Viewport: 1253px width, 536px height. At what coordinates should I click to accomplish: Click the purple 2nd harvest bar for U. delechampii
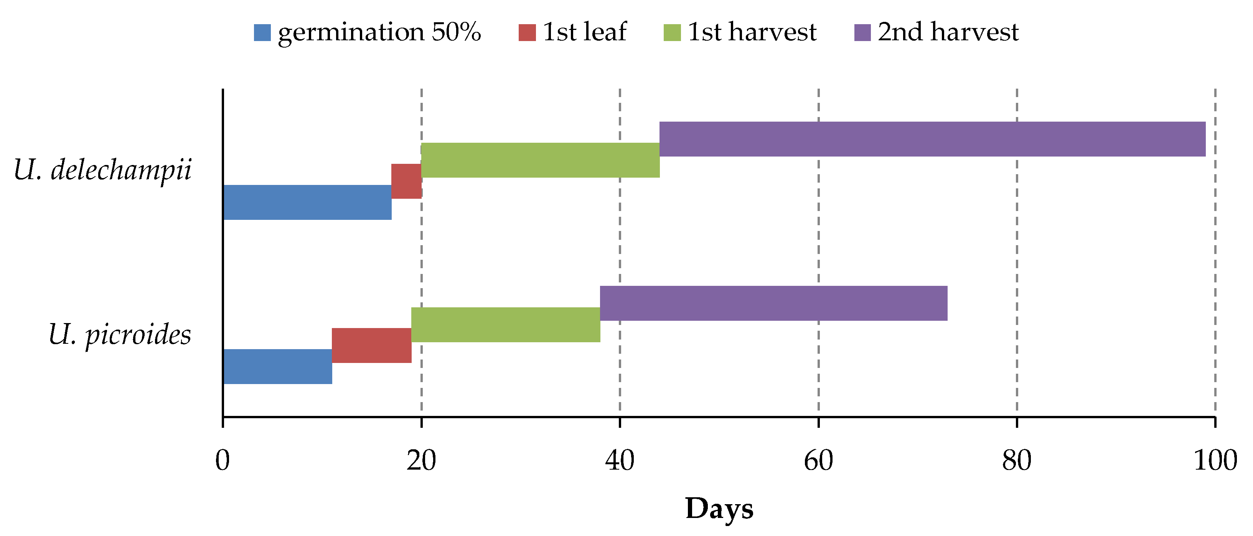pyautogui.click(x=932, y=139)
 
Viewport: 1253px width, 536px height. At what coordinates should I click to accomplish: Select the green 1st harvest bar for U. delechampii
pyautogui.click(x=540, y=160)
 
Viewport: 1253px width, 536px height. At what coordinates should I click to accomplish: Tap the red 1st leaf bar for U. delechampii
pyautogui.click(x=406, y=181)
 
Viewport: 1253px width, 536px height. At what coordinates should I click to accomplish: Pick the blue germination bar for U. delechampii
pyautogui.click(x=307, y=202)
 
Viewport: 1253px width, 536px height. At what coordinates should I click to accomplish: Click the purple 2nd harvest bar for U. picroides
pyautogui.click(x=773, y=303)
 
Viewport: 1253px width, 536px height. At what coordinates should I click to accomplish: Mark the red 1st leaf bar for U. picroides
pyautogui.click(x=372, y=345)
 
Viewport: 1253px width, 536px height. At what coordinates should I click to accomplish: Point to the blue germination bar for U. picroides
pyautogui.click(x=278, y=367)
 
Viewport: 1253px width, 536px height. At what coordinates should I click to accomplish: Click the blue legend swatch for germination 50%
pyautogui.click(x=262, y=33)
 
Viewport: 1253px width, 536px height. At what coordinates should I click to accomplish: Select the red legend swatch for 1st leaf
pyautogui.click(x=527, y=33)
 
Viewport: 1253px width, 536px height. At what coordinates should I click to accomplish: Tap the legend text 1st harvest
pyautogui.click(x=752, y=32)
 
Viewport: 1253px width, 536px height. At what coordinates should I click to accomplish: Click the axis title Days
pyautogui.click(x=719, y=509)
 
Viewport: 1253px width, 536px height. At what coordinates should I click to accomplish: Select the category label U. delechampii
pyautogui.click(x=103, y=170)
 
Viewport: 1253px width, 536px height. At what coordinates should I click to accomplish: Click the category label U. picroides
pyautogui.click(x=120, y=335)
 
